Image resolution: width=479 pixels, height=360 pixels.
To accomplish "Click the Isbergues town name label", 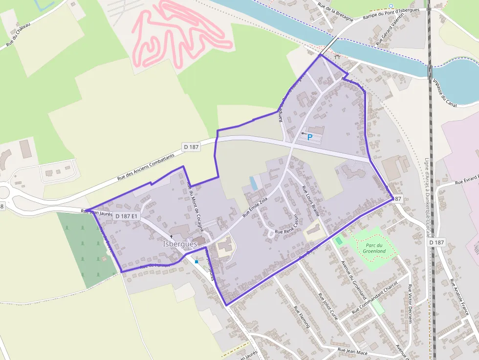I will pyautogui.click(x=180, y=243).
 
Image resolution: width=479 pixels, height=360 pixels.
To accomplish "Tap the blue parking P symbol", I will pyautogui.click(x=309, y=137).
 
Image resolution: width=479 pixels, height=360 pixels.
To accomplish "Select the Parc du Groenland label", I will pyautogui.click(x=374, y=248).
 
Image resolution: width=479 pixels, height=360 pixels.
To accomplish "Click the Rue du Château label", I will pyautogui.click(x=18, y=35).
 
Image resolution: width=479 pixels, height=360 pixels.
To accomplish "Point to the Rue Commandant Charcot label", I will pyautogui.click(x=374, y=296).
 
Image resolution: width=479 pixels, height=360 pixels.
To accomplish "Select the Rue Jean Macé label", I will pyautogui.click(x=352, y=350).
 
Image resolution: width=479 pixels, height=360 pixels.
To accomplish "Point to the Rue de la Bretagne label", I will pyautogui.click(x=335, y=12).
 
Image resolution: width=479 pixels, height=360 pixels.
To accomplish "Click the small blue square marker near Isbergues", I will pyautogui.click(x=196, y=262).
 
